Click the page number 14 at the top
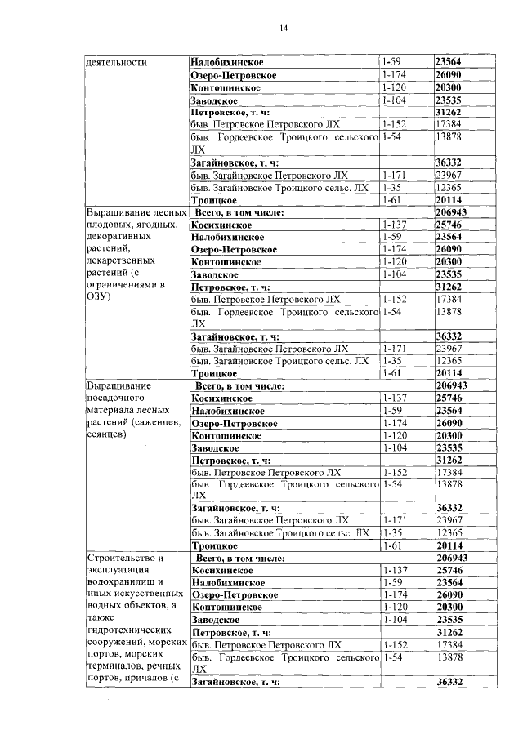point(283,29)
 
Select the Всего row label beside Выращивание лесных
point(239,212)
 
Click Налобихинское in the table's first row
point(232,62)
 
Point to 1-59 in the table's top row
point(392,62)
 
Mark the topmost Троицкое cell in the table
point(214,200)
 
